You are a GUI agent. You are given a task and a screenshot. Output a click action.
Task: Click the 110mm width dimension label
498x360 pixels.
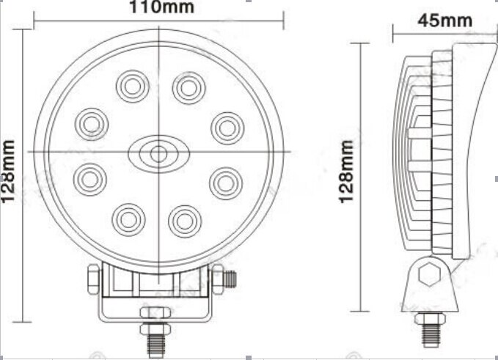pos(152,8)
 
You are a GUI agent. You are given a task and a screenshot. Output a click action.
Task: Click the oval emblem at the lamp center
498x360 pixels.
pos(157,153)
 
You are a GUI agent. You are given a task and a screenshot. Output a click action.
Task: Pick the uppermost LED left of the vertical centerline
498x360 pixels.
pos(131,87)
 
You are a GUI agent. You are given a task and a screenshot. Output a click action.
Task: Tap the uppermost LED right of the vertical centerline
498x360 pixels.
pos(188,87)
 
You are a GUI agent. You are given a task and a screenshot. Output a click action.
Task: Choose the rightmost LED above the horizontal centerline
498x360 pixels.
pos(227,128)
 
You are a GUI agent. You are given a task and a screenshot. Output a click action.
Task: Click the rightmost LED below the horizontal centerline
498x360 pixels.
pos(225,183)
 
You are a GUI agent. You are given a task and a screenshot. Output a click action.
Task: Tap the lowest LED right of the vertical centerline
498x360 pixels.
pos(183,219)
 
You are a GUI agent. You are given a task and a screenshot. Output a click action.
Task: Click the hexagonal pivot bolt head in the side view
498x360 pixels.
pos(427,276)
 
